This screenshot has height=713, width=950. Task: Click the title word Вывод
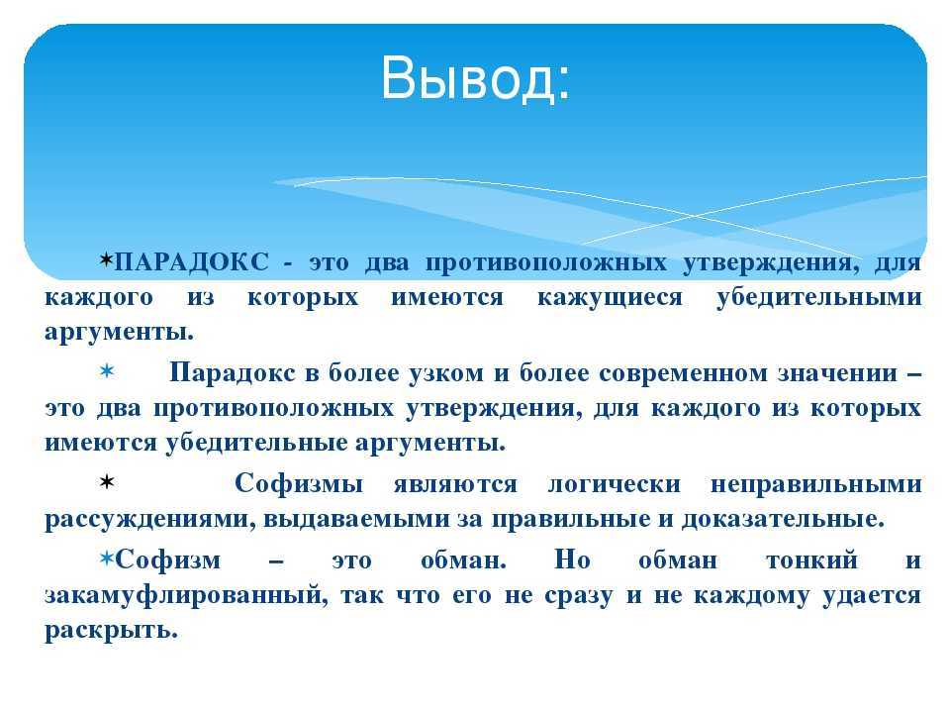coord(475,79)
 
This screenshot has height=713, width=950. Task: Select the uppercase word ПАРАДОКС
coord(191,261)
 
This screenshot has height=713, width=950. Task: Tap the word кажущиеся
coord(611,298)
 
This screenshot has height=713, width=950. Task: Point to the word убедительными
coord(819,297)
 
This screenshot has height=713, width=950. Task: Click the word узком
coord(446,373)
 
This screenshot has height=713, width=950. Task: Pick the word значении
coord(838,373)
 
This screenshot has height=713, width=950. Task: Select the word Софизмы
coord(299,483)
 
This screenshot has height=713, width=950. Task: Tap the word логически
coord(615,484)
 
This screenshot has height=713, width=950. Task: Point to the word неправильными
coord(816,484)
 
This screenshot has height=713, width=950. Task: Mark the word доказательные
coord(783,519)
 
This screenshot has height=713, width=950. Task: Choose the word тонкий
coord(811,560)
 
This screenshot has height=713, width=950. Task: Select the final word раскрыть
coord(112,631)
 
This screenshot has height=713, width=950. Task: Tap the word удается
coord(873,595)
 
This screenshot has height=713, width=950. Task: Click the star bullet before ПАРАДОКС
coord(107,260)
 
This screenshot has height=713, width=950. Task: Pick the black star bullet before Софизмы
coord(107,482)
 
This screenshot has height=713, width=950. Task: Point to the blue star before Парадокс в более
coord(107,370)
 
